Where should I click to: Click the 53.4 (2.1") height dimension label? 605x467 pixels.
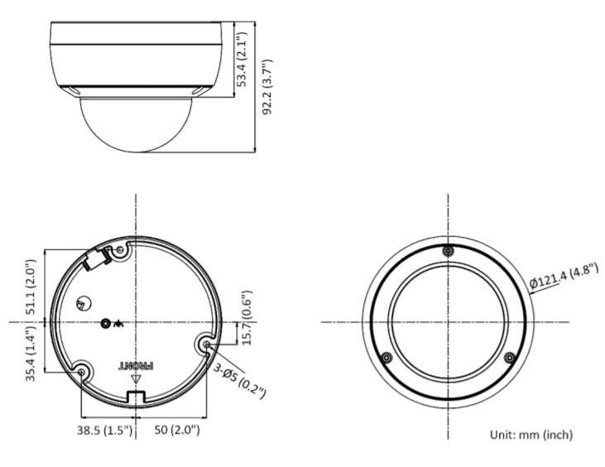coord(242,59)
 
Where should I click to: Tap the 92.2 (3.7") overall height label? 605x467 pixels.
coord(267,87)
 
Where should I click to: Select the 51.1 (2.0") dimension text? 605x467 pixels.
coord(31,286)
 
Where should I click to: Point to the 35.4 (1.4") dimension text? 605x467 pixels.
coord(31,354)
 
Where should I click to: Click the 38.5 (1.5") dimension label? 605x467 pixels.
coord(104,430)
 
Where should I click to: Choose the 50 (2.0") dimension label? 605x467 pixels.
coord(177,430)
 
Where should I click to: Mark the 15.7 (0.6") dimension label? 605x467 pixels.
coord(246,317)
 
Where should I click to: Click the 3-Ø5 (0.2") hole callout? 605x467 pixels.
coord(240,381)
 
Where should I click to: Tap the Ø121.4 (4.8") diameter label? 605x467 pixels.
coord(564,276)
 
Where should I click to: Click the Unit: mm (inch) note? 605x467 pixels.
coord(531,435)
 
